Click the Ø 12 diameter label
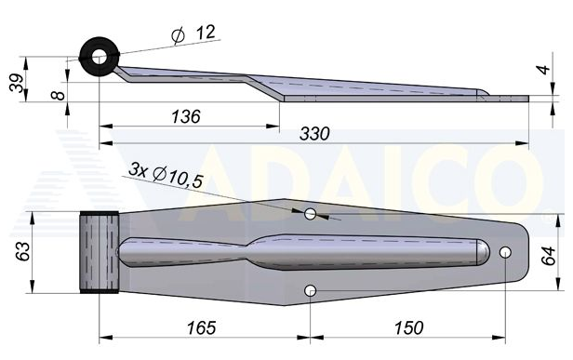(x=193, y=34)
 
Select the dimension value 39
(x=17, y=84)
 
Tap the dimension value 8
(x=58, y=96)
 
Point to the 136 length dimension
(x=186, y=116)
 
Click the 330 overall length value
(x=314, y=134)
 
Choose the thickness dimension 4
(x=544, y=70)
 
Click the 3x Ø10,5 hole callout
(x=166, y=175)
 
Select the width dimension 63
(x=23, y=251)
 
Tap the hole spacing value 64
(x=548, y=256)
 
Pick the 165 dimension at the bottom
(x=201, y=327)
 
